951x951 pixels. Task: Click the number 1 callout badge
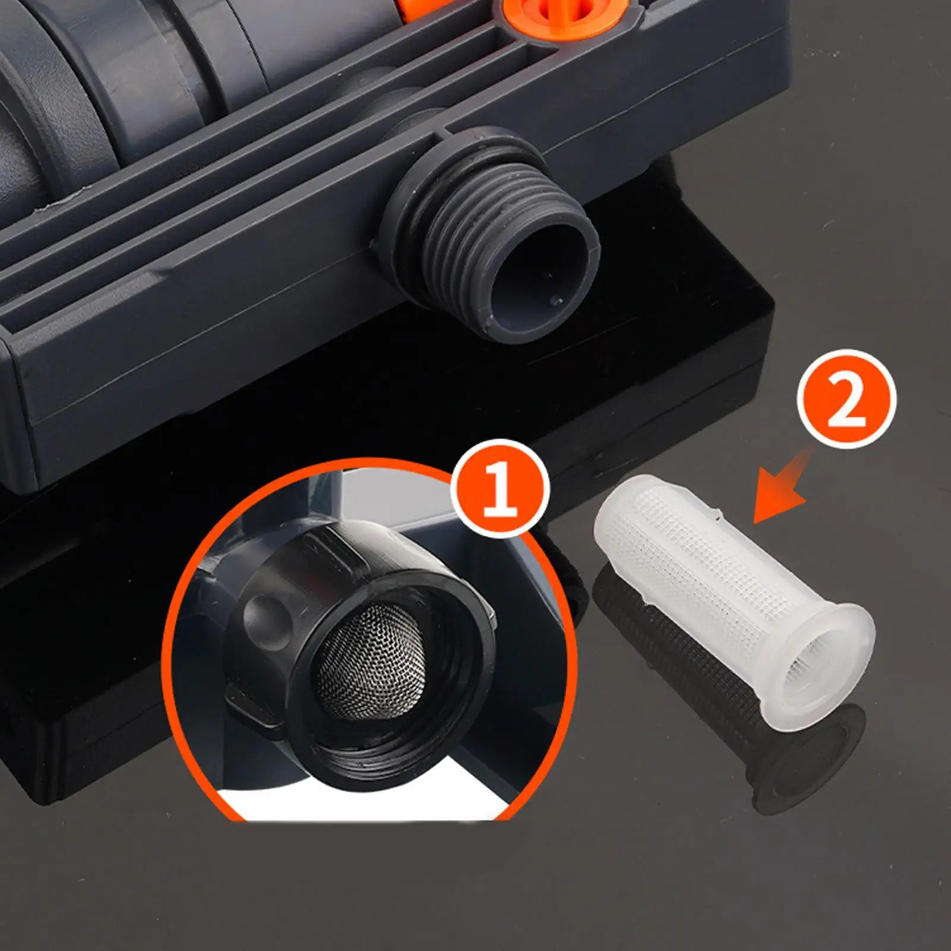pos(500,489)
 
